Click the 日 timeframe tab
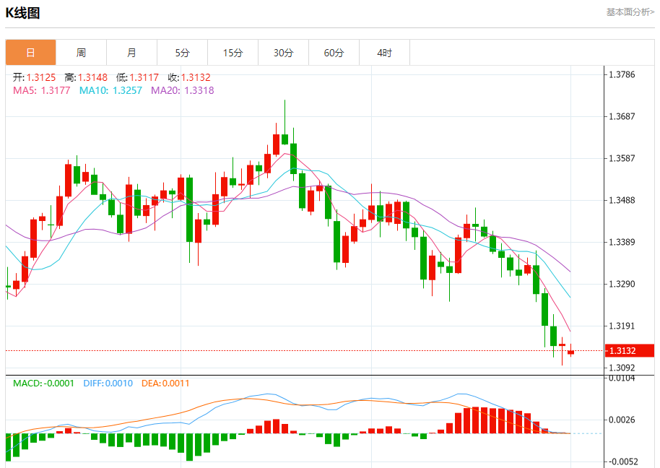click(30, 53)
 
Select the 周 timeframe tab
click(81, 53)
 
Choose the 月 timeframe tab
click(131, 53)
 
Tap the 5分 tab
click(182, 53)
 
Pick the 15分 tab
click(233, 53)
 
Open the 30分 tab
click(283, 53)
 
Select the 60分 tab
click(334, 53)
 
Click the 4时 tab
click(384, 53)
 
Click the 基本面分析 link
click(630, 12)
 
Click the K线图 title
click(22, 13)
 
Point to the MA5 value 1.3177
click(56, 90)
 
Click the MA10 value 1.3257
click(127, 90)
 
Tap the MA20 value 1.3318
click(199, 90)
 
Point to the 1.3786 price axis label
click(622, 74)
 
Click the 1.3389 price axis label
click(622, 242)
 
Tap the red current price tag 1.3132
click(620, 351)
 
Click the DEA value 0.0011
click(175, 383)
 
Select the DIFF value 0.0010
click(118, 383)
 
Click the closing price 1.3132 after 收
click(196, 77)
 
